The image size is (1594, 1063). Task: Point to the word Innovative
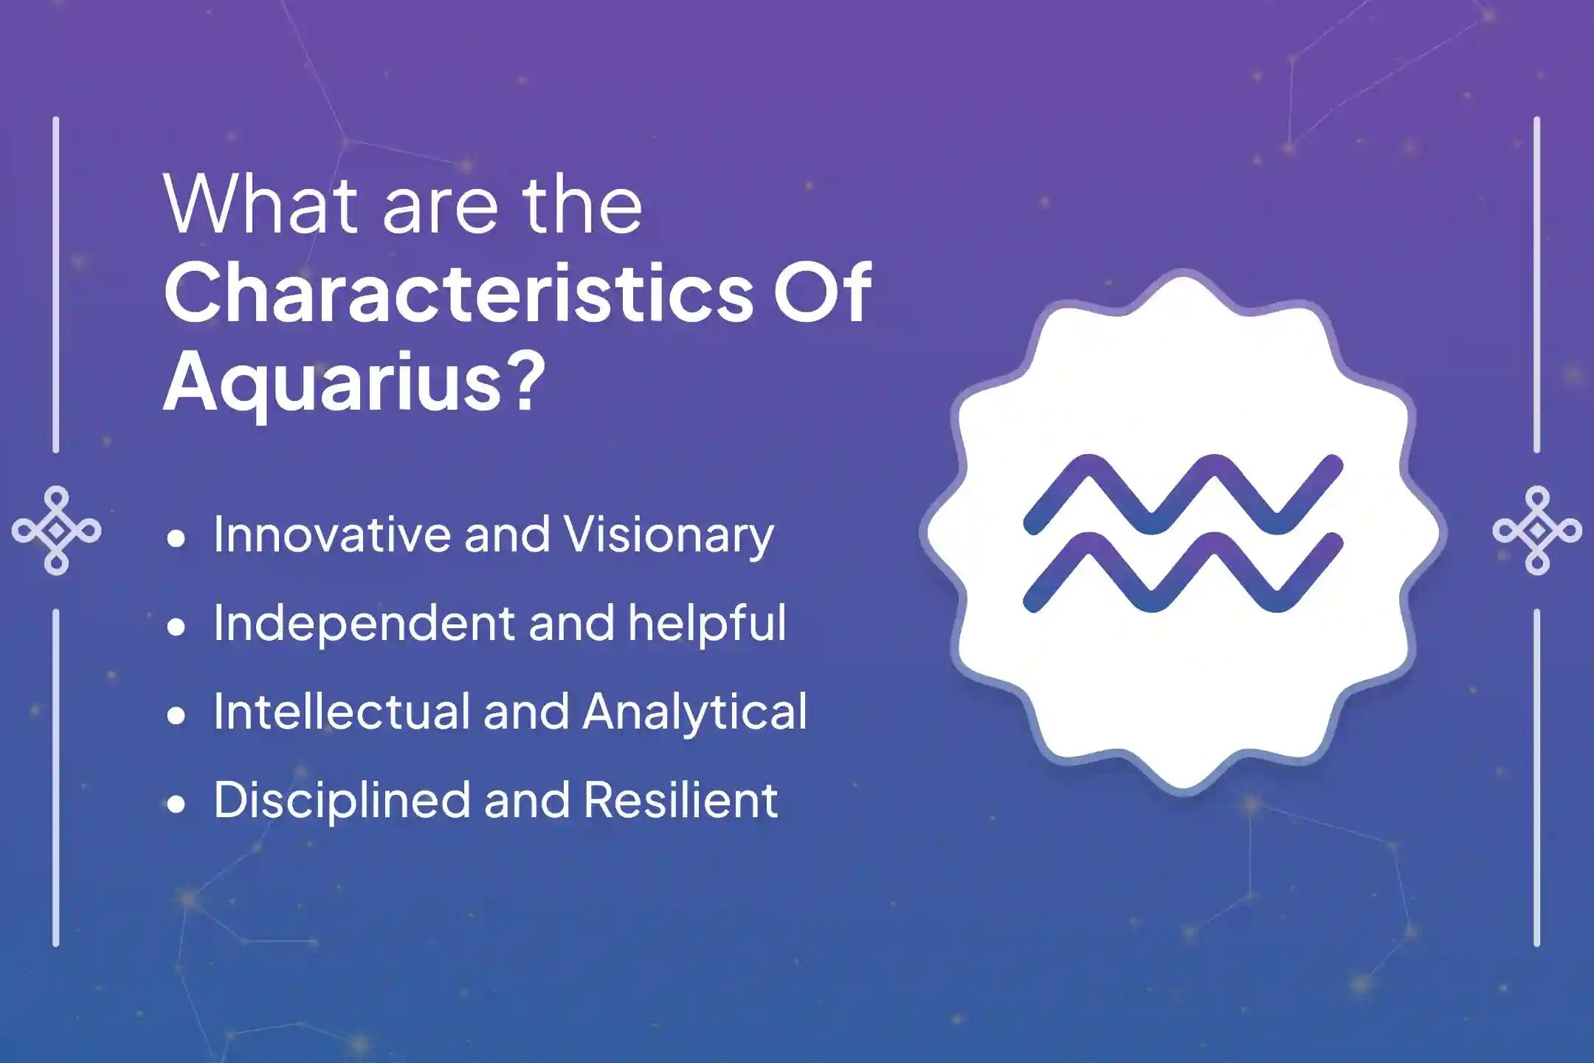(332, 534)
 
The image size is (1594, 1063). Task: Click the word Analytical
(694, 713)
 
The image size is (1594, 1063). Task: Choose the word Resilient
(680, 800)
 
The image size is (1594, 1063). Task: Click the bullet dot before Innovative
(176, 539)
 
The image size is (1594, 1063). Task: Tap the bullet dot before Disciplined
(176, 805)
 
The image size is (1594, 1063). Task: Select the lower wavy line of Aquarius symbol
(1182, 573)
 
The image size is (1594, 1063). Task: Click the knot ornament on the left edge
(57, 531)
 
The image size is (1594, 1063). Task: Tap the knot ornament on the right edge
(1537, 531)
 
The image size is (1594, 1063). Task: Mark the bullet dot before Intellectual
(176, 716)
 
